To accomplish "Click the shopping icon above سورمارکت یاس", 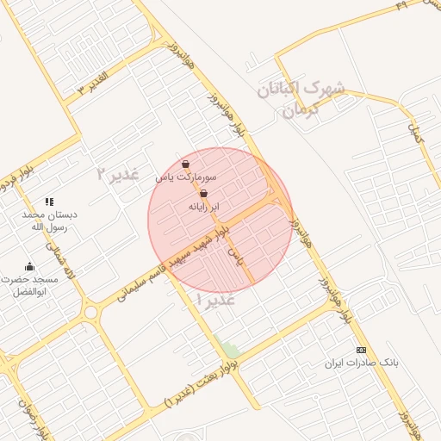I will pos(186,164).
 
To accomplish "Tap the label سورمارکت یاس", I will pos(186,177).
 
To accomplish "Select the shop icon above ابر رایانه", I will pos(203,195).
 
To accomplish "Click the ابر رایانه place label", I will pos(204,208).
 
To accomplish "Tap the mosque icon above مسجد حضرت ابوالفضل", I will pos(30,266).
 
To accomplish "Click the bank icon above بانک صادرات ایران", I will pos(361,350).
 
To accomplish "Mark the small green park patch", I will pos(229,350).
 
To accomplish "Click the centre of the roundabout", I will pos(90,311).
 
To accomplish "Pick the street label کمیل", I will pos(417,133).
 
